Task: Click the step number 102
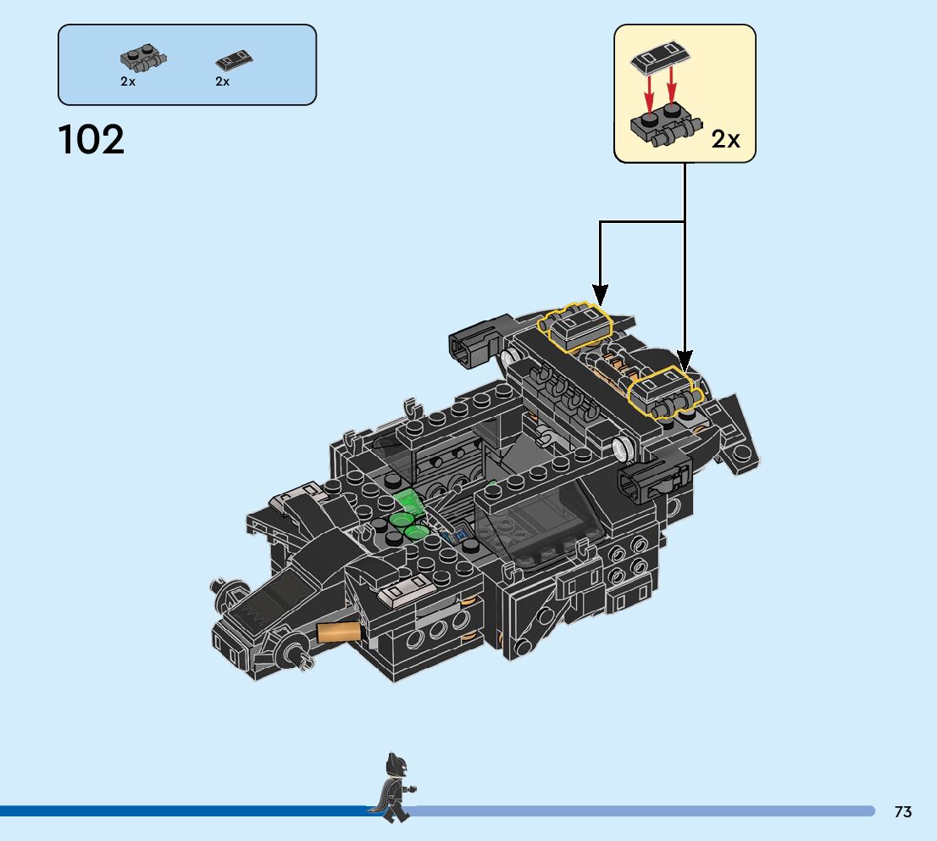pyautogui.click(x=91, y=140)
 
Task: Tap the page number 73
pyautogui.click(x=902, y=812)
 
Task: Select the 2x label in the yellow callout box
pyautogui.click(x=725, y=139)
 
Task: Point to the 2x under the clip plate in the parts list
pyautogui.click(x=128, y=82)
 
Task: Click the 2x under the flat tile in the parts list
pyautogui.click(x=223, y=82)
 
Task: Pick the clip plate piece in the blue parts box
pyautogui.click(x=142, y=60)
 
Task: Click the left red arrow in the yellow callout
pyautogui.click(x=650, y=88)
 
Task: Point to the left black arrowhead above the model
pyautogui.click(x=600, y=296)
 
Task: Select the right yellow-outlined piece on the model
pyautogui.click(x=665, y=392)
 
